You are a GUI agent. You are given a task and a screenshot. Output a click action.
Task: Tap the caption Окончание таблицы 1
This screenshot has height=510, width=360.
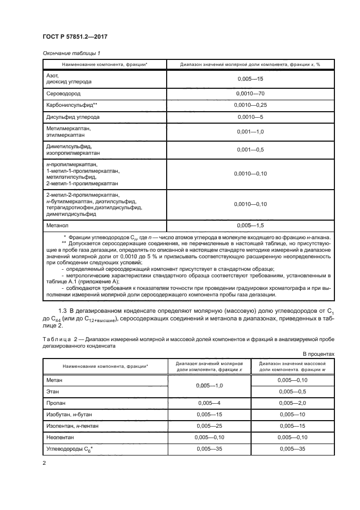click(x=71, y=53)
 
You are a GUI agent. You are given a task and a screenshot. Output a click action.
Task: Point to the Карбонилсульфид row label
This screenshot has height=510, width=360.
click(x=72, y=105)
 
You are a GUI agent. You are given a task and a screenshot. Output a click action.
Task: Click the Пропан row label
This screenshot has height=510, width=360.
click(x=57, y=403)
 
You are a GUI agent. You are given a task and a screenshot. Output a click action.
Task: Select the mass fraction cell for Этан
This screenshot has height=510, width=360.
click(x=291, y=392)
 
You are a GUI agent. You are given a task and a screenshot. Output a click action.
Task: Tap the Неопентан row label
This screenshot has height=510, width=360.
click(x=61, y=438)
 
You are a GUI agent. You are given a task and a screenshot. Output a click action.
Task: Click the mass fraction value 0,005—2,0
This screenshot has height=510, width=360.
click(x=291, y=403)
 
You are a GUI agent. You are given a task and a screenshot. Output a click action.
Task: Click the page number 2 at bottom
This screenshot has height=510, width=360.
click(x=44, y=463)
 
